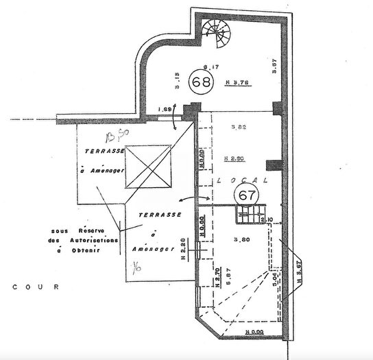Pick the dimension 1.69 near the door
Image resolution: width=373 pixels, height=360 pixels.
pyautogui.click(x=165, y=110)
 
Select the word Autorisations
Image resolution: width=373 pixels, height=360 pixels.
pyautogui.click(x=93, y=241)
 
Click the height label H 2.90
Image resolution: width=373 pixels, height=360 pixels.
pyautogui.click(x=235, y=158)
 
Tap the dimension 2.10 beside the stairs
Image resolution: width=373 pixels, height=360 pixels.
pyautogui.click(x=267, y=219)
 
